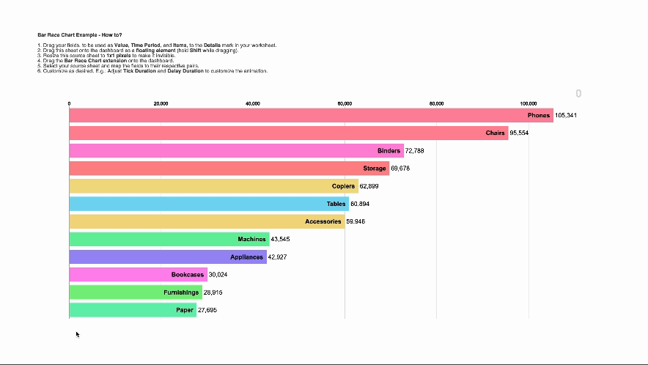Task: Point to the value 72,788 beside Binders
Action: (414, 151)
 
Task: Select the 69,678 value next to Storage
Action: (400, 169)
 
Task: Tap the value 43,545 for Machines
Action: (280, 240)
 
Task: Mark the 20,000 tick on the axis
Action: (161, 104)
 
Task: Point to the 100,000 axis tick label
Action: (528, 104)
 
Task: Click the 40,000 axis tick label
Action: (253, 104)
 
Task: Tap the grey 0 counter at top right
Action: (578, 94)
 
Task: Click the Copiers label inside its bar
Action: (343, 186)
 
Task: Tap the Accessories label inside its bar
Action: (323, 221)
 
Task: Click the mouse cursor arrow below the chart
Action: (77, 334)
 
